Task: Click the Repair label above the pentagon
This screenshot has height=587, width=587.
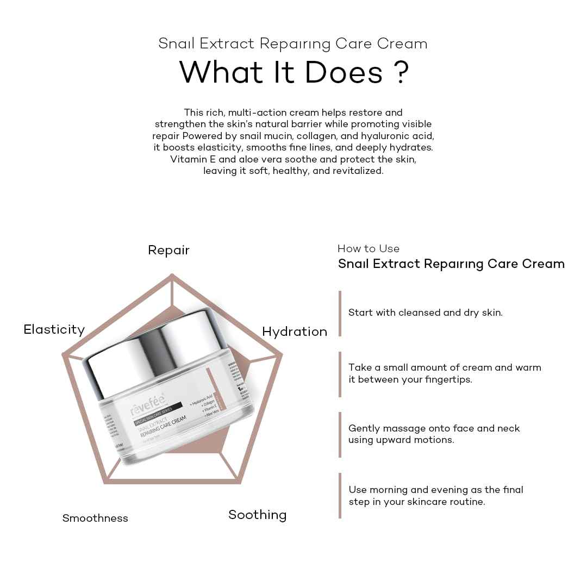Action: click(x=168, y=250)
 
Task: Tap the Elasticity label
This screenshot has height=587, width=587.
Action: click(x=54, y=329)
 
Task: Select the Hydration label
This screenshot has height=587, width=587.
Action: click(x=295, y=332)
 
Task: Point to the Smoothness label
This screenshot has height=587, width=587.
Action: click(x=95, y=518)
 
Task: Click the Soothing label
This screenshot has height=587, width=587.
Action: click(x=257, y=515)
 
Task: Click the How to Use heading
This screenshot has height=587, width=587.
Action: click(x=369, y=248)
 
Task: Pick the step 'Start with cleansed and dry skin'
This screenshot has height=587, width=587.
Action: click(x=426, y=313)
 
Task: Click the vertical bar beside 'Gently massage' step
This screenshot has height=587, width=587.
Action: click(x=340, y=434)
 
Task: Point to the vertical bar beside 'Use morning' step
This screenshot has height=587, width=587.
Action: click(x=340, y=495)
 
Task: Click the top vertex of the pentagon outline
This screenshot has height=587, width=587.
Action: click(x=172, y=275)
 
